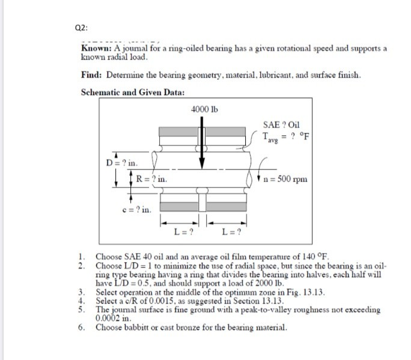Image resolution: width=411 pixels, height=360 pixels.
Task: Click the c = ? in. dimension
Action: pos(138,210)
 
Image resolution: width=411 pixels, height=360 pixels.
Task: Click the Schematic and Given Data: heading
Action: pos(133,92)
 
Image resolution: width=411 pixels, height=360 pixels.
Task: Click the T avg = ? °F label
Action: pos(286,138)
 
